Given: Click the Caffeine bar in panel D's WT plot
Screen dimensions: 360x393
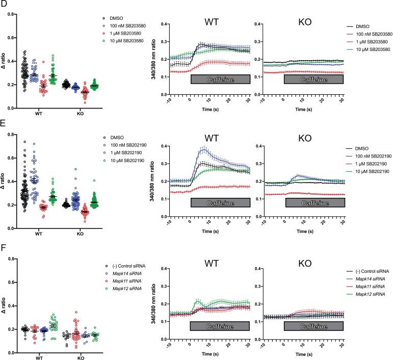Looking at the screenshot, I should (x=220, y=79).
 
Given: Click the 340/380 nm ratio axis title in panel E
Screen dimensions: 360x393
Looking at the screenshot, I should (x=153, y=181).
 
